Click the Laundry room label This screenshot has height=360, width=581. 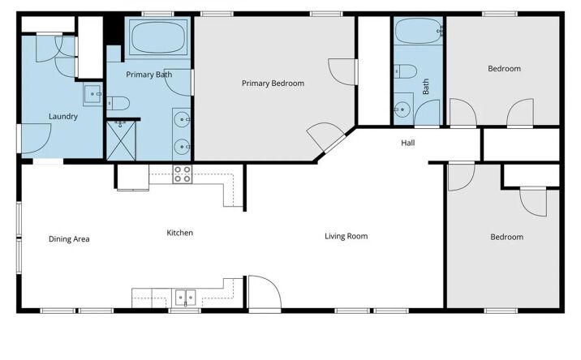click(63, 117)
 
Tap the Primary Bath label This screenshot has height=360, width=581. click(149, 75)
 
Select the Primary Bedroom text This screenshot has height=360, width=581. click(273, 84)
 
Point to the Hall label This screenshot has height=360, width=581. click(408, 143)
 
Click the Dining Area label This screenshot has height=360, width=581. click(69, 239)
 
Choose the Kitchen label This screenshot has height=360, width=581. click(179, 233)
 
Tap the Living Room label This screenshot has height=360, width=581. click(346, 236)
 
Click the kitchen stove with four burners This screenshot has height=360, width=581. click(183, 174)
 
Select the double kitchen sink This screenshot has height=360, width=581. click(185, 298)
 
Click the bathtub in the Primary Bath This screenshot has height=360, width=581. click(158, 37)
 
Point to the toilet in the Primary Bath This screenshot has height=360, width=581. click(118, 103)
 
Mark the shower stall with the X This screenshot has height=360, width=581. click(121, 141)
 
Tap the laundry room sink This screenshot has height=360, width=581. click(93, 95)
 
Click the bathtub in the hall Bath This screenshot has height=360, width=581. click(419, 31)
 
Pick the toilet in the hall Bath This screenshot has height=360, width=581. click(406, 71)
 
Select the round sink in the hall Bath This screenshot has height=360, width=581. click(402, 109)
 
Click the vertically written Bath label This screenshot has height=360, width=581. click(426, 86)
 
